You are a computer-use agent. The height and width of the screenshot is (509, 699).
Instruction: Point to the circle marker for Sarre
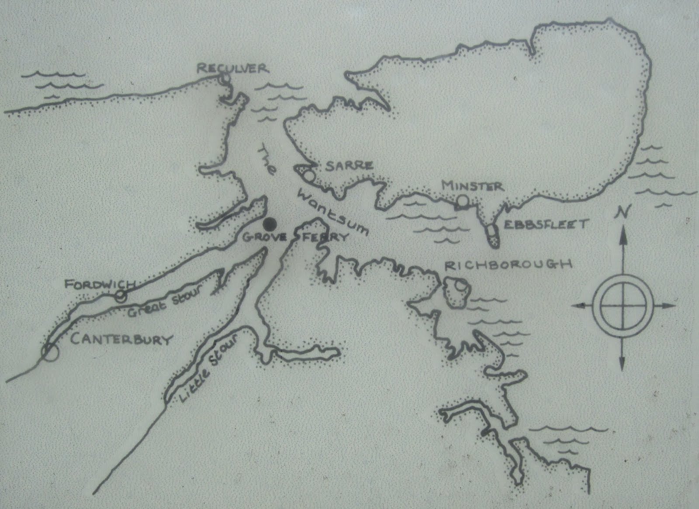click(x=309, y=176)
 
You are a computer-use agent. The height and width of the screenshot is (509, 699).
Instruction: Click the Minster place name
click(x=472, y=186)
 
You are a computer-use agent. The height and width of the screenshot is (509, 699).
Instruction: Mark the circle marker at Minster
click(x=462, y=201)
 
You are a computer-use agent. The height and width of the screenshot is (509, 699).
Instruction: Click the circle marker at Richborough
click(x=459, y=287)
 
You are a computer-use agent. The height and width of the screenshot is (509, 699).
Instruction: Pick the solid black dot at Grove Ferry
click(x=270, y=224)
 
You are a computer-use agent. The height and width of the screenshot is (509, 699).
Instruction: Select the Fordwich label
click(x=97, y=285)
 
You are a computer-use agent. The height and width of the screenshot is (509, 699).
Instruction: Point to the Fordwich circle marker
click(x=121, y=296)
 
